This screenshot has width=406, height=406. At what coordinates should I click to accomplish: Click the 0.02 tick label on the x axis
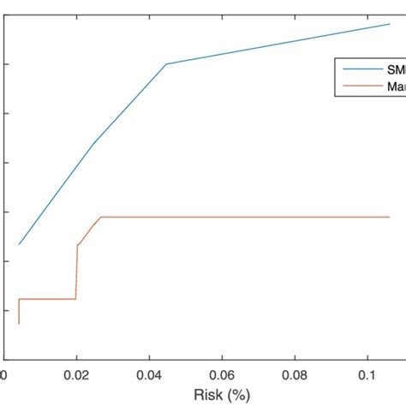[76, 374]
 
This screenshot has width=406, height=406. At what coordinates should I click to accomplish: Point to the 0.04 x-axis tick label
[149, 374]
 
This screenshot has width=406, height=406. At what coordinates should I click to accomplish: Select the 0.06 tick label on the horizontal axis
[222, 374]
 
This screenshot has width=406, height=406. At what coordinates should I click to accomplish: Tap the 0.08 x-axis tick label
[296, 374]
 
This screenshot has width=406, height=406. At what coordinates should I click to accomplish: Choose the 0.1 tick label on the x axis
[367, 374]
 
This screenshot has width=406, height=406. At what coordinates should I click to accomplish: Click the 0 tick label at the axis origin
[3, 374]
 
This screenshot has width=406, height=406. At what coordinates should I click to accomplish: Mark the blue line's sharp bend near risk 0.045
[166, 63]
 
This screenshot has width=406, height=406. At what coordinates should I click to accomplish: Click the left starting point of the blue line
[19, 245]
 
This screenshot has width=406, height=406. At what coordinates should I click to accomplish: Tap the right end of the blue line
[390, 24]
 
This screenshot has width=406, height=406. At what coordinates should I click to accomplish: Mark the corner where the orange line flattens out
[101, 217]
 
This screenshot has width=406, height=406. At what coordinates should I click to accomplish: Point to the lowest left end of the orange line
[18, 324]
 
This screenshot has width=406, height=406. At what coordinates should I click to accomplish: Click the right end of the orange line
[390, 217]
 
